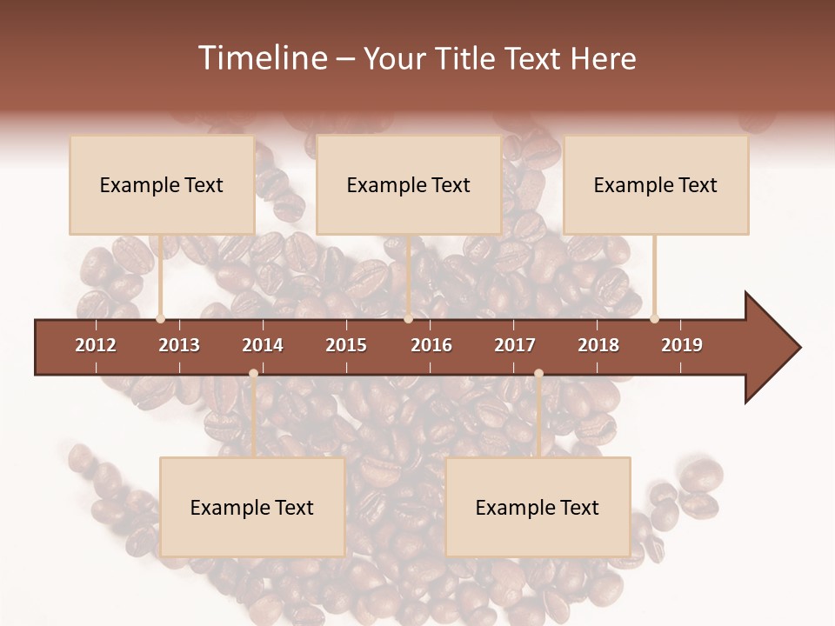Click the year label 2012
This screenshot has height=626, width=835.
[96, 345]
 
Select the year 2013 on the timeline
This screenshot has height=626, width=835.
[179, 345]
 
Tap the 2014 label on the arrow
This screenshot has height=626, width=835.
[263, 345]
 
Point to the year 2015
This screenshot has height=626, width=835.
[346, 345]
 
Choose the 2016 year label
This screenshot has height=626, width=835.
[431, 345]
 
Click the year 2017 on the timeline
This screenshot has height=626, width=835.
[515, 345]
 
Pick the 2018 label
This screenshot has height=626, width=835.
[598, 345]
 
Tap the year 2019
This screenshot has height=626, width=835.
[682, 345]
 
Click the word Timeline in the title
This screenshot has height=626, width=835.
[261, 58]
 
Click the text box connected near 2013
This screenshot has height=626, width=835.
[162, 184]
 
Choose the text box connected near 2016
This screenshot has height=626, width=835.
[409, 184]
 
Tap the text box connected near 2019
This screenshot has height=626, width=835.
[656, 184]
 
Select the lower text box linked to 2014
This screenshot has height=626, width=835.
[252, 507]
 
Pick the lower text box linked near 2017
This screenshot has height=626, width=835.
[538, 507]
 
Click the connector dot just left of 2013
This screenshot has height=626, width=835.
[161, 318]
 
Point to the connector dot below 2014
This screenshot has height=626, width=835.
[253, 374]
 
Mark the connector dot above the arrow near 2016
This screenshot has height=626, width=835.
[409, 318]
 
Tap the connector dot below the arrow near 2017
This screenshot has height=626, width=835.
[538, 374]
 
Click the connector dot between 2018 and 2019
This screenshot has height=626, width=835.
[655, 318]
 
